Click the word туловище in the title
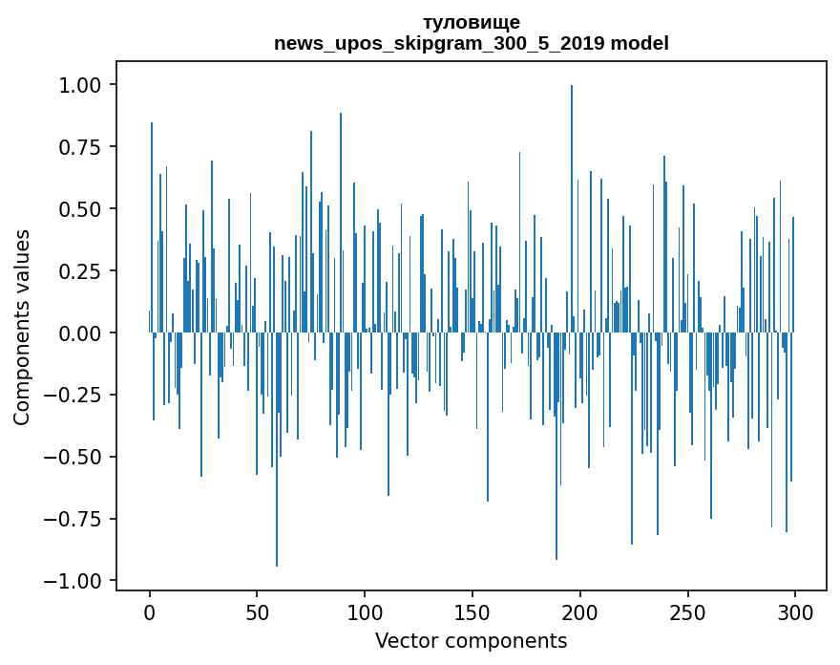(x=471, y=22)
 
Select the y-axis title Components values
(x=22, y=327)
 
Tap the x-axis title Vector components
(x=471, y=641)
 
